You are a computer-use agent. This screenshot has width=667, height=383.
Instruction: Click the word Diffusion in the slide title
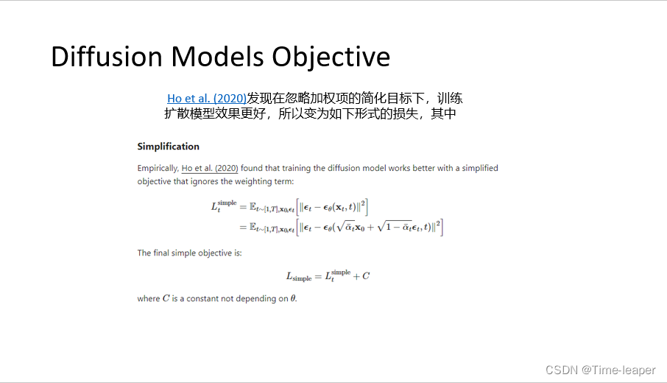[x=106, y=57]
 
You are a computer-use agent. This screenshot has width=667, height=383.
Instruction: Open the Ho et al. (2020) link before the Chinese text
[x=207, y=99]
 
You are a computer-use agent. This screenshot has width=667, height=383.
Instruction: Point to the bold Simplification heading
[x=168, y=147]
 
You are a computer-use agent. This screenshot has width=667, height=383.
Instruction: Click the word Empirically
[x=158, y=168]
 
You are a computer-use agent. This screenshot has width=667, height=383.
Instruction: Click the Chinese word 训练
[x=451, y=99]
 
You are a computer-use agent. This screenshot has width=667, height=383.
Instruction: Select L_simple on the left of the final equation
[x=299, y=277]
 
